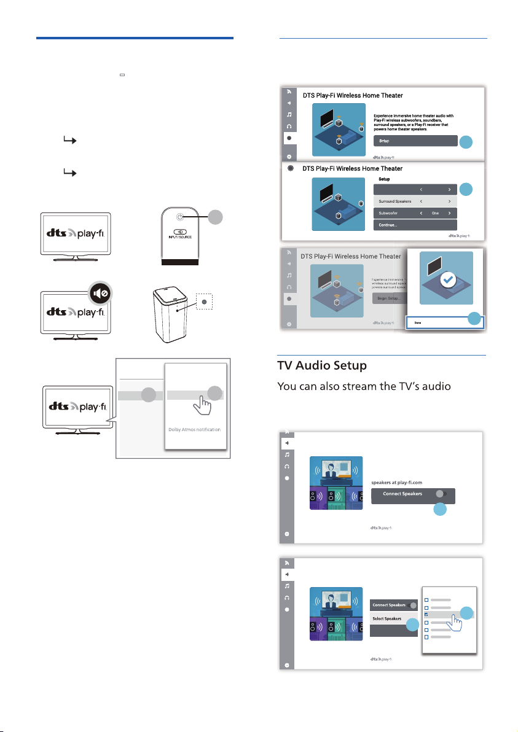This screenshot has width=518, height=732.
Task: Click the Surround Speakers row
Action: point(415,201)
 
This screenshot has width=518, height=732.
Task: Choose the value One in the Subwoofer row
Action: point(434,213)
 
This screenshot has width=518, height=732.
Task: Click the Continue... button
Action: point(415,225)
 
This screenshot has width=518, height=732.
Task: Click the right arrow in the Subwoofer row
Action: point(450,213)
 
